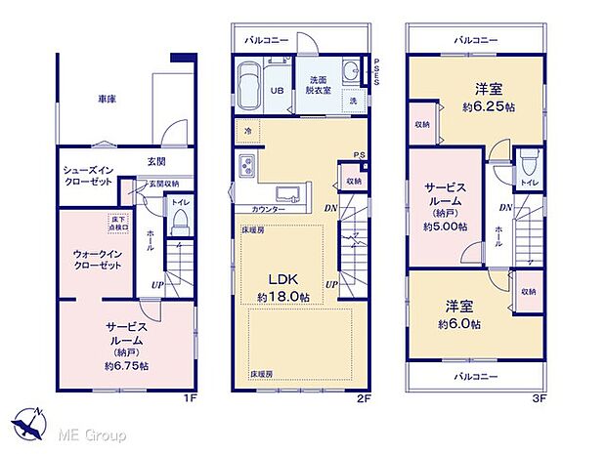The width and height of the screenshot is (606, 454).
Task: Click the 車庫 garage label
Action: [x=108, y=99]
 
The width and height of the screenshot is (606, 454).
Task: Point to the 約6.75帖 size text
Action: [x=128, y=365]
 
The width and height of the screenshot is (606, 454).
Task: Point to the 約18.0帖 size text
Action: [x=283, y=297]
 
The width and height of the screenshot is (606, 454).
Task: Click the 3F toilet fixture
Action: [x=529, y=160]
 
